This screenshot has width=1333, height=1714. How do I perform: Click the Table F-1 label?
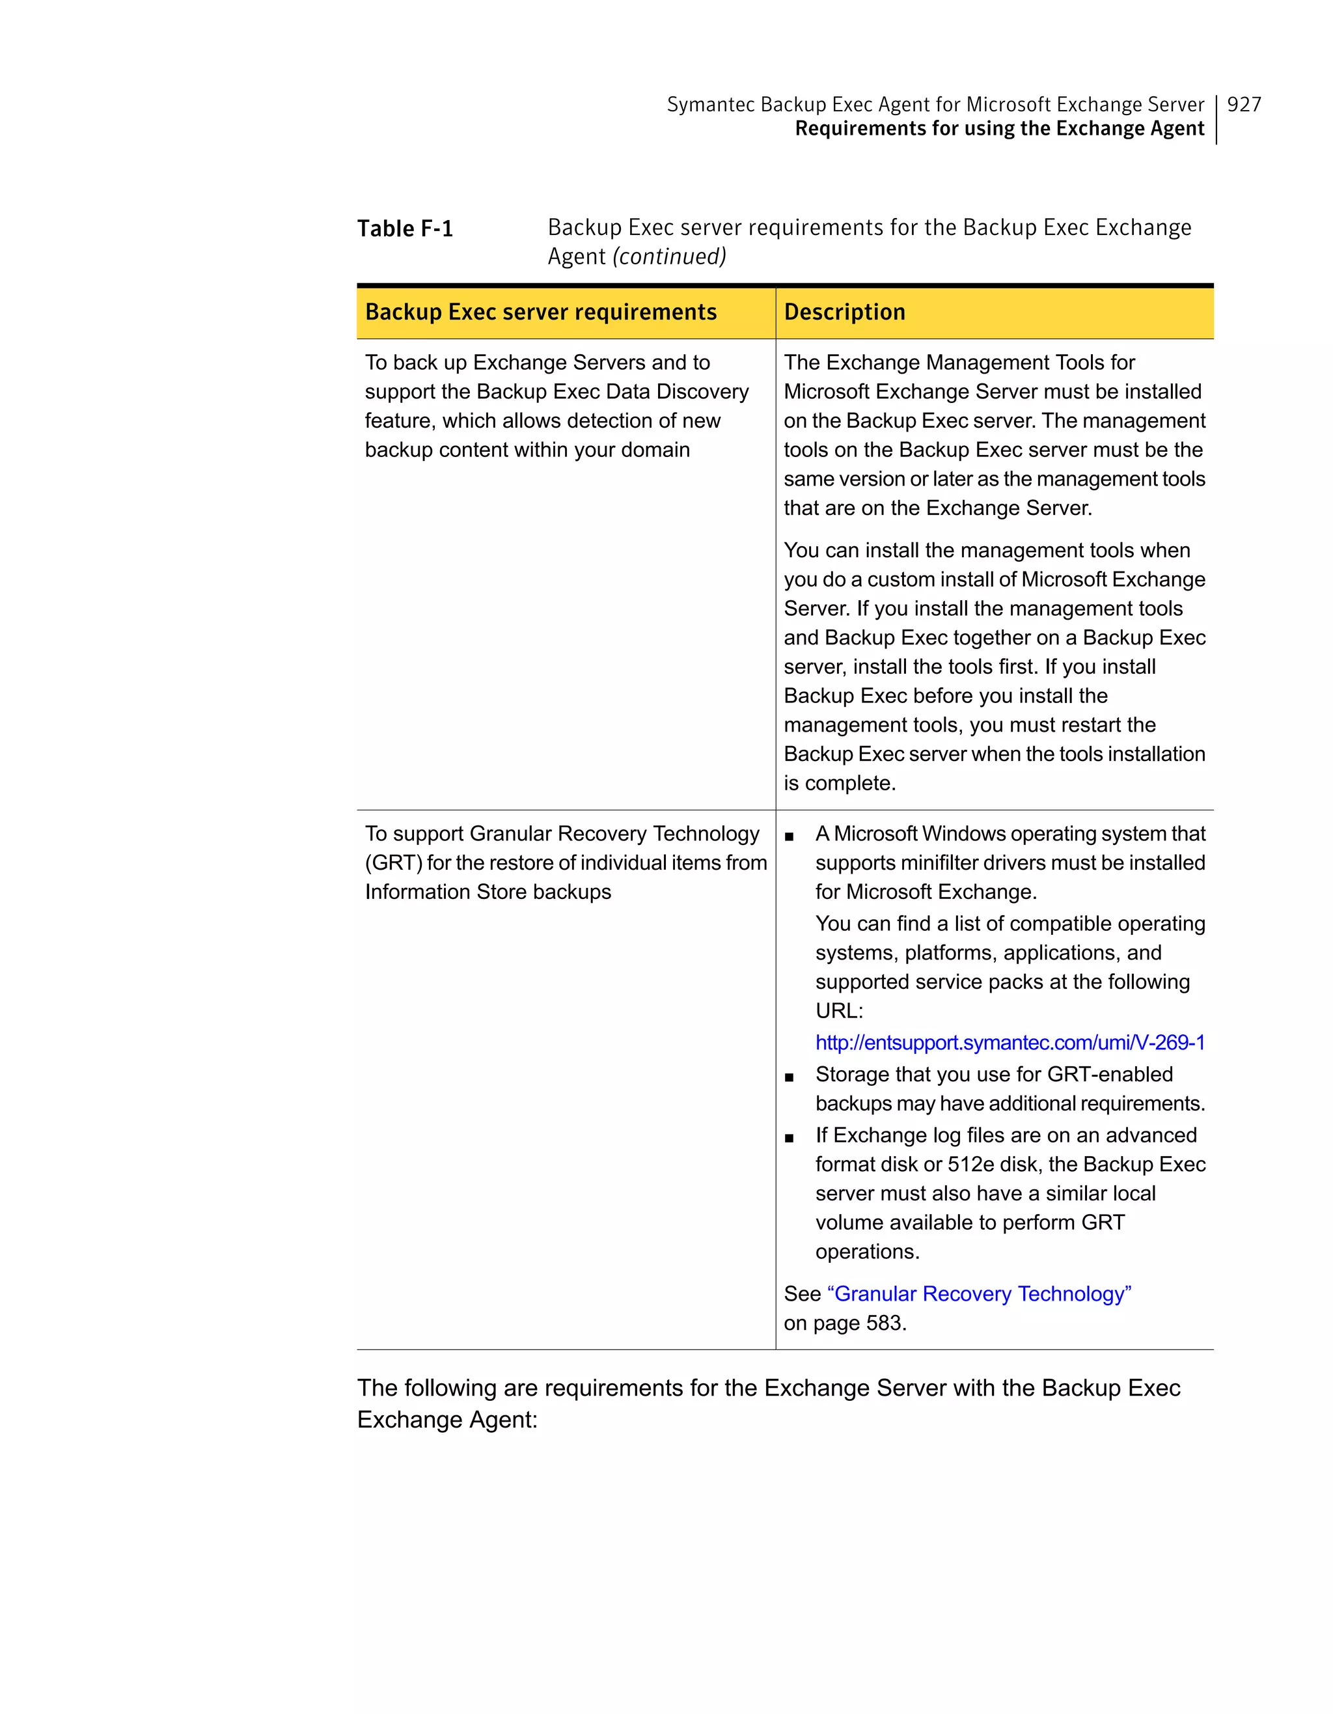point(405,228)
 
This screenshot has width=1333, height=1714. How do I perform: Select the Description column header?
point(844,312)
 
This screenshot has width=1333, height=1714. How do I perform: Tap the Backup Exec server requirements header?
point(541,312)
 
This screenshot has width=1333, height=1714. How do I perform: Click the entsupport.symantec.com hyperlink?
point(1010,1042)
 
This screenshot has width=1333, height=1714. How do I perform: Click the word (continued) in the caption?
point(669,256)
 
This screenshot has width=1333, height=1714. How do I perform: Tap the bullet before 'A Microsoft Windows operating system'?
point(790,836)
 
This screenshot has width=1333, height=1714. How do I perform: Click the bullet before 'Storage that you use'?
point(790,1077)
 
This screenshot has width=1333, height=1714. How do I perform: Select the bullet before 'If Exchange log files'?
point(790,1138)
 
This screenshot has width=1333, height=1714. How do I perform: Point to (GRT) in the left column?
point(393,863)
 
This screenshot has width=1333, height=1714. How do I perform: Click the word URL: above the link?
point(839,1011)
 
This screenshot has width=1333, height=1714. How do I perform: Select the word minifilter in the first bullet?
point(933,863)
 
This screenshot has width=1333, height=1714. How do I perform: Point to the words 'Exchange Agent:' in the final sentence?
point(447,1420)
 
